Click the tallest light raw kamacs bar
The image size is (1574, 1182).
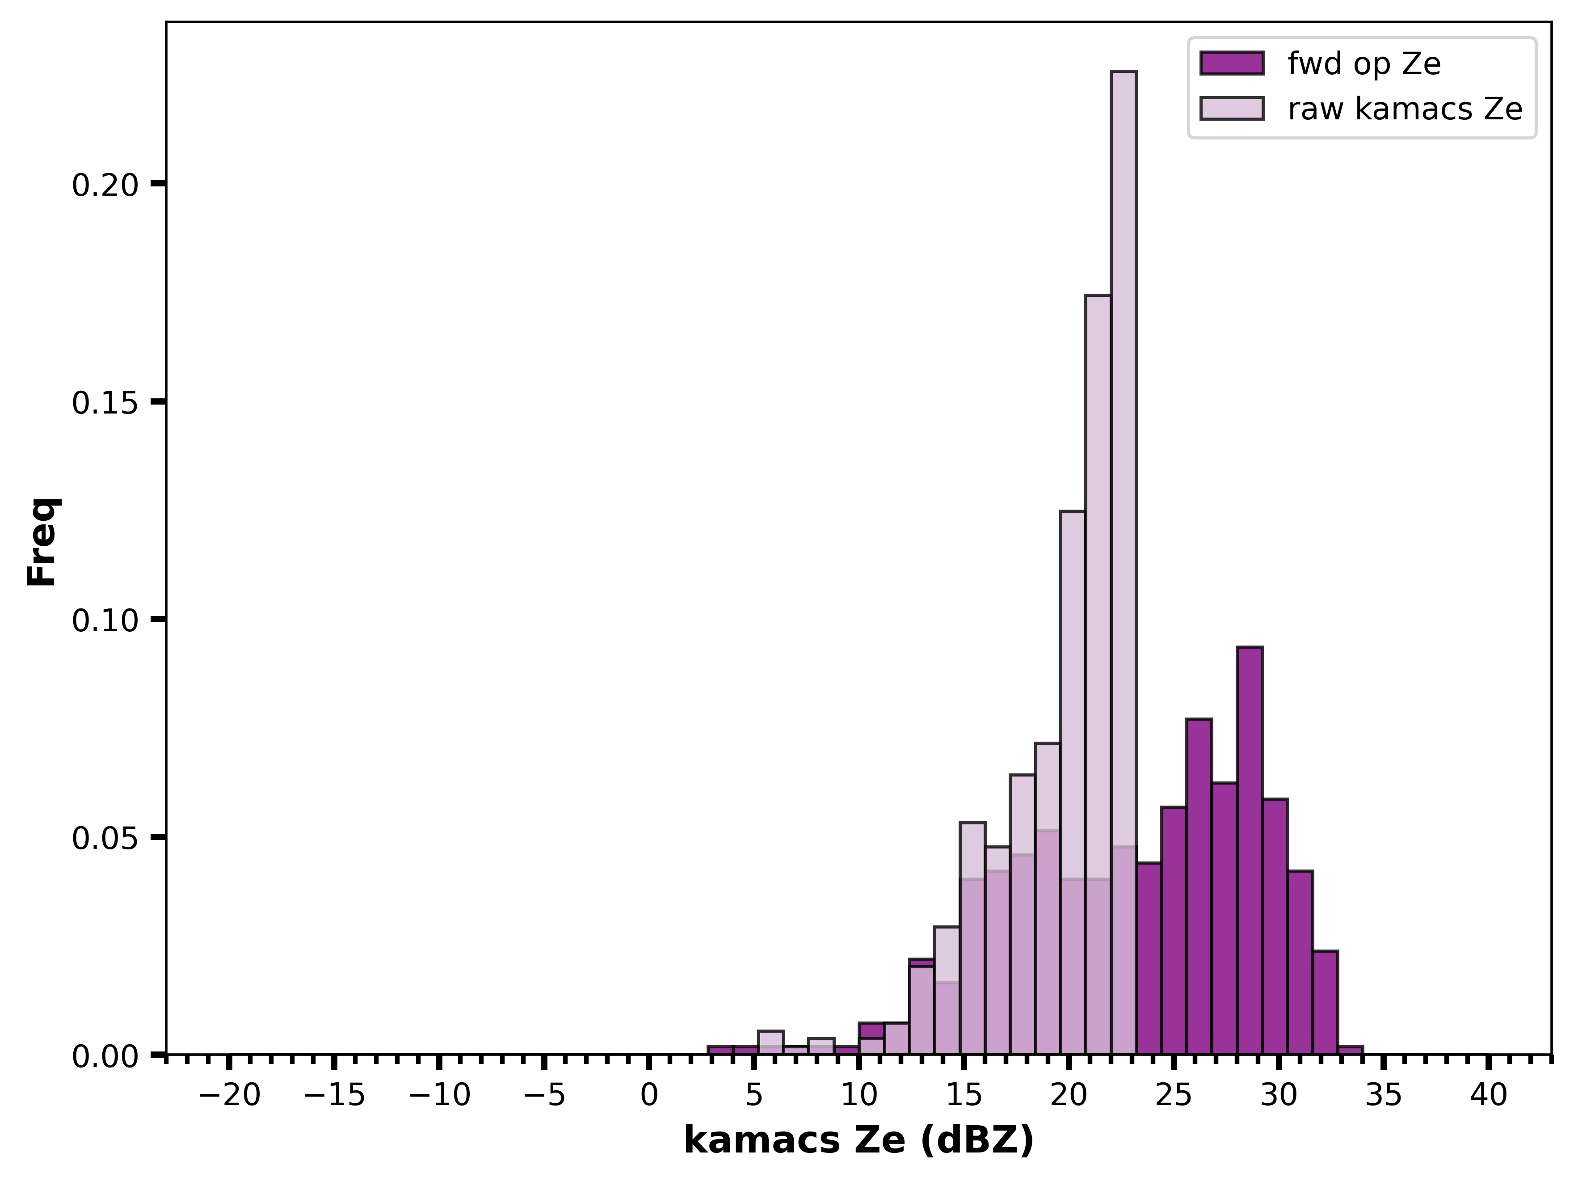(1124, 562)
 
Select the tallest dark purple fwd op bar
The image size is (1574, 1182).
(1250, 850)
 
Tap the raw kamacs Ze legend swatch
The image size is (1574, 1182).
(1232, 108)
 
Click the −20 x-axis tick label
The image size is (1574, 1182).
(229, 1095)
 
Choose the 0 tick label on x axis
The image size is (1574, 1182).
(649, 1095)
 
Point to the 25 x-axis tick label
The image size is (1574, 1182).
(1174, 1095)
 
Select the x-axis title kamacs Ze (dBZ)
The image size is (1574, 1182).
(859, 1141)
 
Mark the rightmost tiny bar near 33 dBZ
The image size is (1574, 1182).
(1350, 1051)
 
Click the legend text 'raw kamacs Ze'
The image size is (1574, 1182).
(1406, 109)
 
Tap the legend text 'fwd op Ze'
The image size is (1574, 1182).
(1364, 64)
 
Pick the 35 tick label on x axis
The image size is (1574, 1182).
(1383, 1095)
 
